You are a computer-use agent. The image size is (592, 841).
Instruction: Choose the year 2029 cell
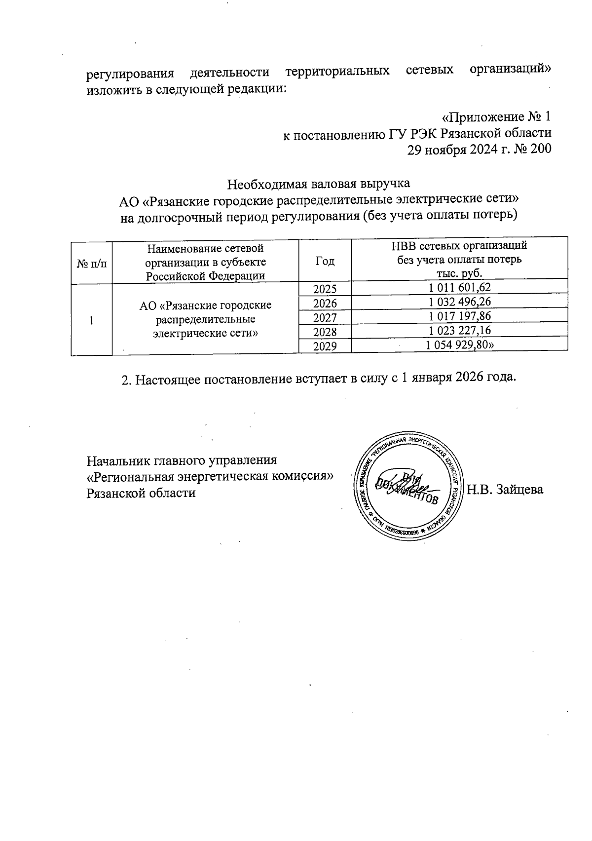click(325, 346)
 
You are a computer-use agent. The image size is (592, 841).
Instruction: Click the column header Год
click(325, 261)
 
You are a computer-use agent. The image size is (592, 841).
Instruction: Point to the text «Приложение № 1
click(495, 117)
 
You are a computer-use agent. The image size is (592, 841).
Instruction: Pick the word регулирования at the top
click(130, 74)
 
